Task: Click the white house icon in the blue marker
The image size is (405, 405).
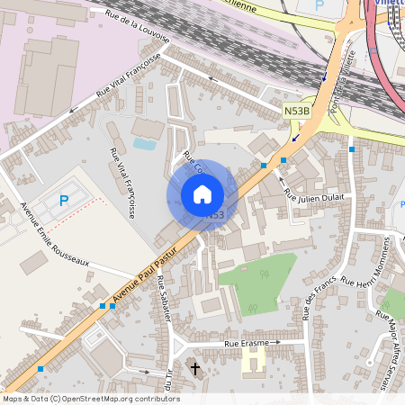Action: (202, 193)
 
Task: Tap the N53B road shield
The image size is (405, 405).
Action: (296, 111)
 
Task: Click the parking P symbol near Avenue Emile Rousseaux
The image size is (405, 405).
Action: (63, 201)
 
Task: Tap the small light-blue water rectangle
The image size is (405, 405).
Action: (144, 143)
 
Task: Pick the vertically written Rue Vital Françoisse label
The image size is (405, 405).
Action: (122, 184)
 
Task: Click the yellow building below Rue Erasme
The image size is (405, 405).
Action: (253, 363)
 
